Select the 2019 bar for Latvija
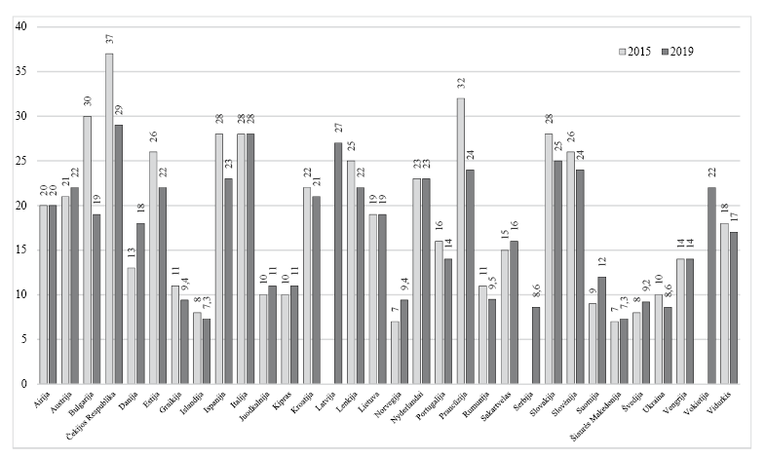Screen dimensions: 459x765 (x=338, y=263)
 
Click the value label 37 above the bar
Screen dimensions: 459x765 (x=109, y=43)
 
